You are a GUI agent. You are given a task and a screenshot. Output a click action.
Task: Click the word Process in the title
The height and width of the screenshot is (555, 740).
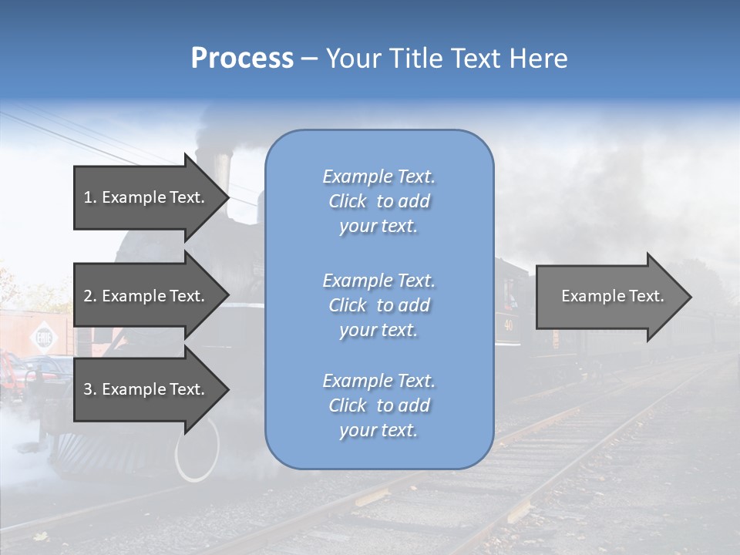coord(242,59)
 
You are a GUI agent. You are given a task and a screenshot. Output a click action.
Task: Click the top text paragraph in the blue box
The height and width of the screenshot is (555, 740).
coord(378,201)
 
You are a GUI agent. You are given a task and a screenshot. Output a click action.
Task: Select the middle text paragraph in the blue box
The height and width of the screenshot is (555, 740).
coord(378,305)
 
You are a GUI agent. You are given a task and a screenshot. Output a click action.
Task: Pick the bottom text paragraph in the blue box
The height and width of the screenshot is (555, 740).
coord(378,405)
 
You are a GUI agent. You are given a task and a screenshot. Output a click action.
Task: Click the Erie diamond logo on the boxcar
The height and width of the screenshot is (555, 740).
coord(40,338)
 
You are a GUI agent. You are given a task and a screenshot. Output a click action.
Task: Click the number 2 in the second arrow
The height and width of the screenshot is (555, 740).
coord(88,296)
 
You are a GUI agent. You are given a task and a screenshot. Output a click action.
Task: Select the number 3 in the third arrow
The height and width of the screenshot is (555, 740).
coord(88,389)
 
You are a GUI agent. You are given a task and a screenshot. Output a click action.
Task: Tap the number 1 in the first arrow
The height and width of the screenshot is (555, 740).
coord(88,197)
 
